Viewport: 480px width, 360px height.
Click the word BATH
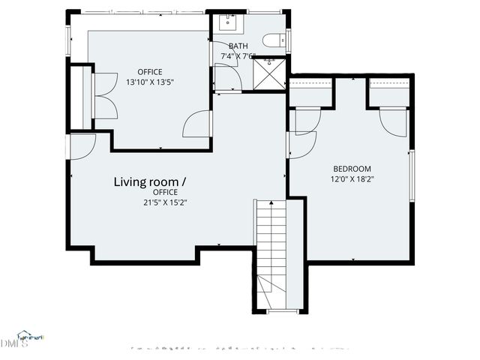point(238,46)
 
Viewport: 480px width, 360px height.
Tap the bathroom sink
point(227,22)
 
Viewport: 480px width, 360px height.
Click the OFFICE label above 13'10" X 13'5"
point(149,72)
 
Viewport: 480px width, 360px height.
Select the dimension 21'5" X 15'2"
point(165,202)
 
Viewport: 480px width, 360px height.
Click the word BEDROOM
point(352,169)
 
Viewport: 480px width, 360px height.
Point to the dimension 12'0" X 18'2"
point(352,179)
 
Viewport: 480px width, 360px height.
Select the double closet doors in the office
point(104,94)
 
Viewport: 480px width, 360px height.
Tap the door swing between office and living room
point(196,124)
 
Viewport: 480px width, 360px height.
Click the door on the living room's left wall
point(81,145)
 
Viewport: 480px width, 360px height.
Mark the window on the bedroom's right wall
point(411,175)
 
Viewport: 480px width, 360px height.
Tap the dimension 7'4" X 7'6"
point(238,56)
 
